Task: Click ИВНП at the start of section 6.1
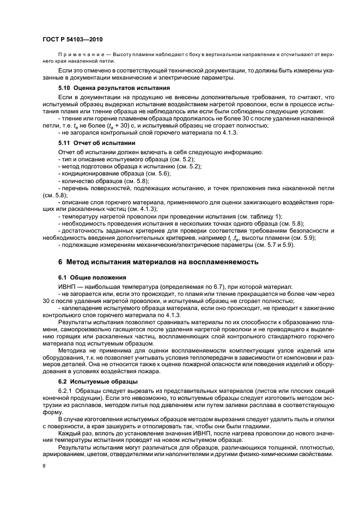67,286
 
